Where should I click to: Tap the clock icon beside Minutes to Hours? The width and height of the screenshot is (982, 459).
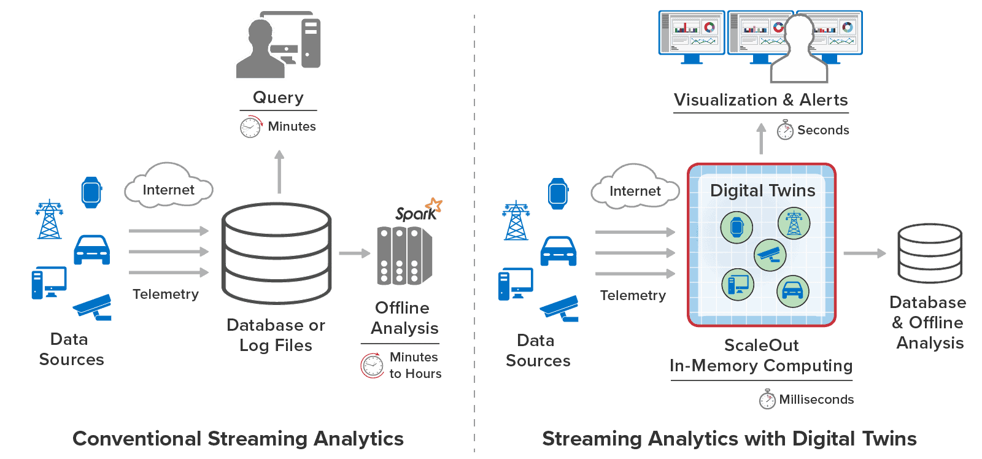(373, 366)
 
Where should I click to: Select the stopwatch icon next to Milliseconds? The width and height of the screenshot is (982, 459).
(767, 399)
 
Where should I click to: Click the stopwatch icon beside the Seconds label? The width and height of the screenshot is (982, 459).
(785, 130)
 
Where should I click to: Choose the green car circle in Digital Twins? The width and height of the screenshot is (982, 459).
(793, 291)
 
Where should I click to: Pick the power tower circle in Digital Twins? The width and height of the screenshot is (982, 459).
(794, 223)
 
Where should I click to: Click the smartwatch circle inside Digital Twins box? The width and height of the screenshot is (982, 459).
(737, 227)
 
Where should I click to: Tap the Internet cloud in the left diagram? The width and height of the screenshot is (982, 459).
(169, 187)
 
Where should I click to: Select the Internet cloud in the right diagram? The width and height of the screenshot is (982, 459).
(635, 188)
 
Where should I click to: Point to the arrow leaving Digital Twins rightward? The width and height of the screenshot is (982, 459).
(864, 253)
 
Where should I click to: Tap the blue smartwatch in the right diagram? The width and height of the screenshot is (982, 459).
(558, 194)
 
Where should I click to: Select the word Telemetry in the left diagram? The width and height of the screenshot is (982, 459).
(166, 295)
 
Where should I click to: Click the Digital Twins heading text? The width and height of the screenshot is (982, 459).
(762, 191)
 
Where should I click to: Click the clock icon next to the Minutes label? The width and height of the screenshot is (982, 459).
(250, 127)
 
